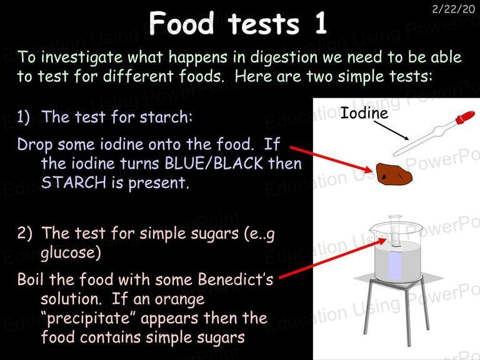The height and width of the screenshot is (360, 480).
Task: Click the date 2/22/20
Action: [x=453, y=9]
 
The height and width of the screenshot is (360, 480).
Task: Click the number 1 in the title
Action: [x=320, y=23]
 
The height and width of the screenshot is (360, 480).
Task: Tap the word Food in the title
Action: [x=181, y=23]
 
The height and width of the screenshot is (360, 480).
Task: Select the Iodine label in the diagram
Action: [x=364, y=113]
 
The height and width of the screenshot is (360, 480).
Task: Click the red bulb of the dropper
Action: [x=465, y=117]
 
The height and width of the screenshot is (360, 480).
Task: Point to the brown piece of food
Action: [x=394, y=174]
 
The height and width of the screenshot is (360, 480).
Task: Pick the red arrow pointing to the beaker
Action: [x=333, y=258]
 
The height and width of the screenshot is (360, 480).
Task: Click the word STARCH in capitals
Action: [x=74, y=182]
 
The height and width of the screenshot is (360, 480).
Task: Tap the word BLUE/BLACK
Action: [x=214, y=163]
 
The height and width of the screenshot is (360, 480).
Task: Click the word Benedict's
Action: [x=235, y=279]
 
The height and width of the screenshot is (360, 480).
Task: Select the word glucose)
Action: [x=71, y=253]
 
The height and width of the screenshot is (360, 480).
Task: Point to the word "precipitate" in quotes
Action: [x=89, y=319]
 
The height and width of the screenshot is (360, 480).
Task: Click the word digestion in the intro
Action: [x=284, y=57]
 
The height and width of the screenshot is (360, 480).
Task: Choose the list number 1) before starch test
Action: [x=23, y=117]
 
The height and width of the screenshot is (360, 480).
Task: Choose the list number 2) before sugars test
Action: [x=24, y=233]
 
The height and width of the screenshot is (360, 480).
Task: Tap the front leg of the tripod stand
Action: [x=409, y=315]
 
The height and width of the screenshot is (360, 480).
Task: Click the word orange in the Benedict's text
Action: [x=181, y=299]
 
